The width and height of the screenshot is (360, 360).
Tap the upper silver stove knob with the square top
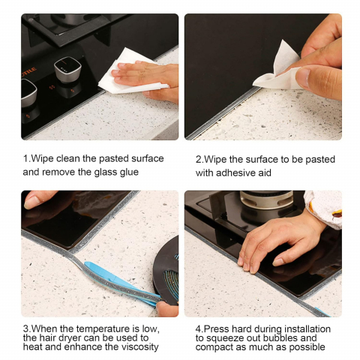coord(67,69)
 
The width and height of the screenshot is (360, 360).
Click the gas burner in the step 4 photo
coord(266,200)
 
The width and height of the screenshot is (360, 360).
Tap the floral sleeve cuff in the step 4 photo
coord(324,208)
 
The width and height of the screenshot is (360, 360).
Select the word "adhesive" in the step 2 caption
coord(235,173)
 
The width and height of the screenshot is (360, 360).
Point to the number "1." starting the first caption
coord(27,158)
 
